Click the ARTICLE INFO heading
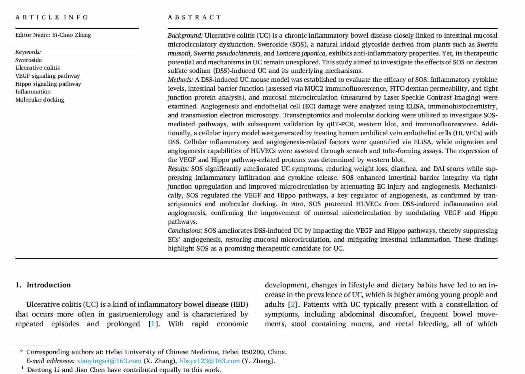[x=52, y=17]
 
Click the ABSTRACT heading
[x=195, y=17]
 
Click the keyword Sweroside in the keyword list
[x=28, y=60]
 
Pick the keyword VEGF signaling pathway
[x=48, y=76]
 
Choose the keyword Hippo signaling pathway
[x=48, y=84]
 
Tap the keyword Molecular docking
[x=40, y=100]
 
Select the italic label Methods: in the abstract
[x=181, y=80]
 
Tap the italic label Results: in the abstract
[x=178, y=169]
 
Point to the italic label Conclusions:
[x=185, y=231]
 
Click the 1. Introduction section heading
[x=43, y=285]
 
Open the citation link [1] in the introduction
[x=152, y=324]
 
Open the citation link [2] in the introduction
[x=292, y=304]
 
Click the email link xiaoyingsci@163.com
[x=109, y=361]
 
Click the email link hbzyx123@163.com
[x=210, y=361]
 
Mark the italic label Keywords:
[x=28, y=52]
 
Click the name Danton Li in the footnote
[x=43, y=370]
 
